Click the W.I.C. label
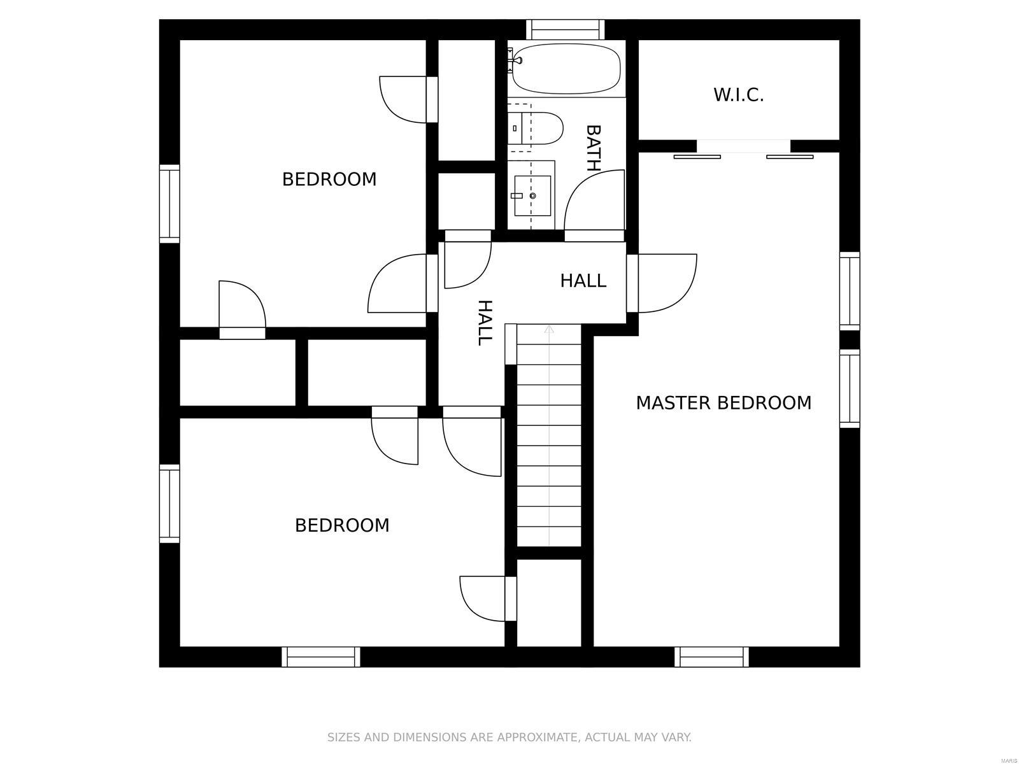point(738,95)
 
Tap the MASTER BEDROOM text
point(723,403)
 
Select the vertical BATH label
point(593,148)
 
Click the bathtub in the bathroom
point(566,68)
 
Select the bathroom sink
point(532,195)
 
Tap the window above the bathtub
point(565,29)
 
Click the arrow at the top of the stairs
point(549,329)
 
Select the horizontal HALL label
point(583,281)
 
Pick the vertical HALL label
point(485,322)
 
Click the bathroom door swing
point(594,201)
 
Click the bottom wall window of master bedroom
point(711,656)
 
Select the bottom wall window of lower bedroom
point(320,656)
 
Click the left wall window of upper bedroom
point(169,203)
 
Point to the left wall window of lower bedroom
point(169,503)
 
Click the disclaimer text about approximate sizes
point(509,738)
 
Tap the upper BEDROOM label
point(329,180)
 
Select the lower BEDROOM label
point(342,525)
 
